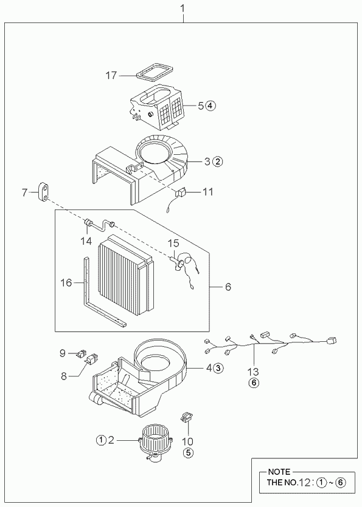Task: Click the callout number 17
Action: (111, 75)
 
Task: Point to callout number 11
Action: (207, 192)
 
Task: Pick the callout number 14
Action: (86, 241)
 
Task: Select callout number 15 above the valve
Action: (173, 243)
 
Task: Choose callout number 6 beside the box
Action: (228, 287)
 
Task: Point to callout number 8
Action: (64, 376)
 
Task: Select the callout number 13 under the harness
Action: (253, 372)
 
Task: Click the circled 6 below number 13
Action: (254, 383)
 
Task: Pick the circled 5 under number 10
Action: (188, 453)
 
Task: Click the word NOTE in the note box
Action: (279, 472)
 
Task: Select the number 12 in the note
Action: (305, 483)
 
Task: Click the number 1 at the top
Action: (183, 9)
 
